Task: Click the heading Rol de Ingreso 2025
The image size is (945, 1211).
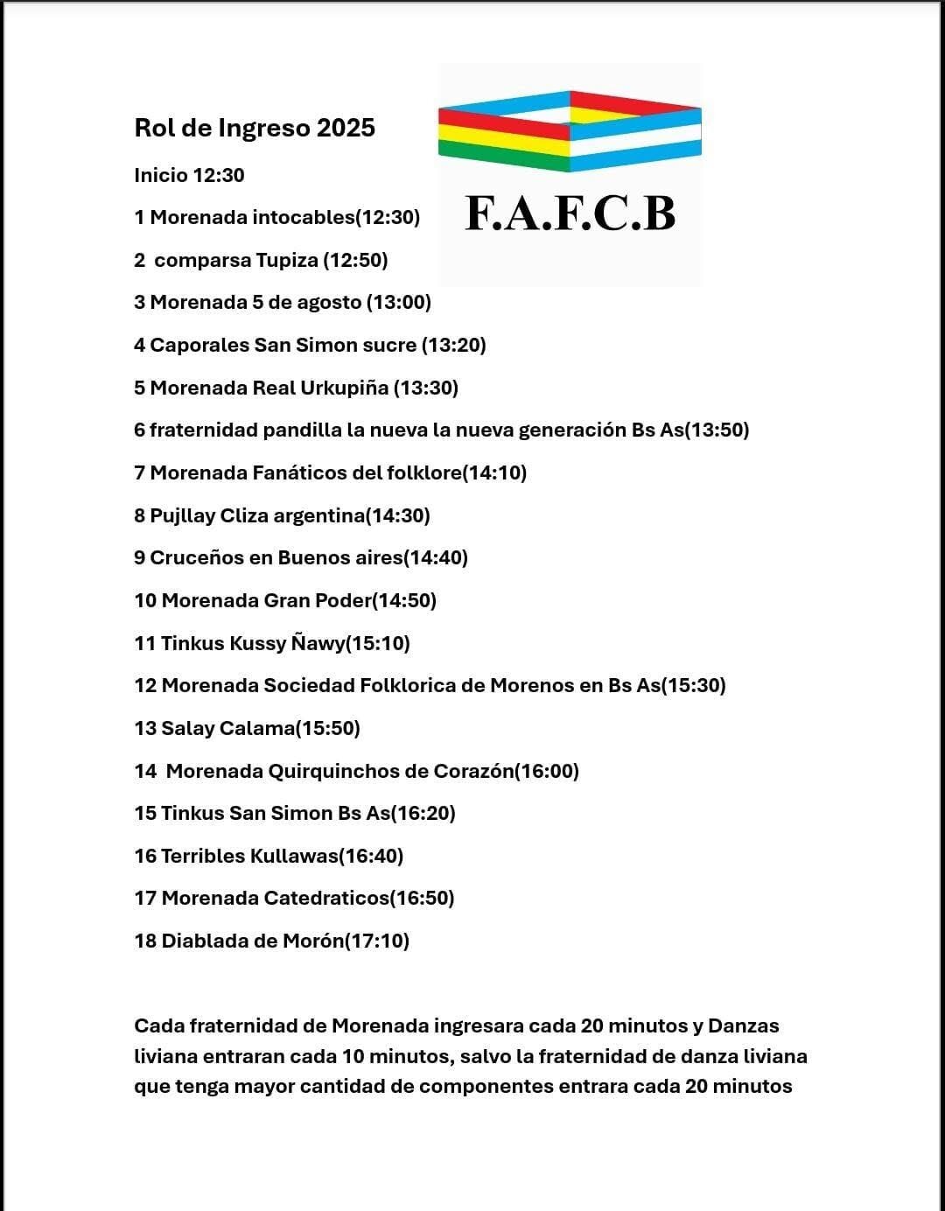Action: [255, 128]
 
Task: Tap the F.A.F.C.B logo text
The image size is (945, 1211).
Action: [570, 213]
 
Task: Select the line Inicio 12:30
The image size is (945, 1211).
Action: [189, 175]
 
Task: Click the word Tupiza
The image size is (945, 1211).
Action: [286, 260]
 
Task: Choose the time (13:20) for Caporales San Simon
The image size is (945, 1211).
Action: [453, 345]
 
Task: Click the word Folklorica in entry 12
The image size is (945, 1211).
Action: [407, 685]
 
